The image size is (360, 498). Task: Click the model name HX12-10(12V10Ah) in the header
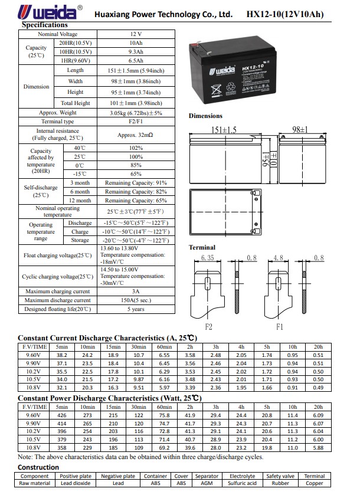pos(285,14)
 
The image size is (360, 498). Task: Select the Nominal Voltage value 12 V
pos(136,34)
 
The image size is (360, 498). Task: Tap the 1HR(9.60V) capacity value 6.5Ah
pos(136,61)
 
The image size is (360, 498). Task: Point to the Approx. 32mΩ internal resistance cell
pos(135,135)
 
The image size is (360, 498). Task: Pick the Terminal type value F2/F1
pos(136,122)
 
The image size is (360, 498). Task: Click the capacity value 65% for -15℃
pos(136,174)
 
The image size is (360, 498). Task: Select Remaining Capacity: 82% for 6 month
pos(136,192)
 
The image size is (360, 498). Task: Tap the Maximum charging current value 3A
pos(136,291)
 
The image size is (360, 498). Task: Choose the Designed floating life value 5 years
pos(136,309)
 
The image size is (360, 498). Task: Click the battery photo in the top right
pos(233,70)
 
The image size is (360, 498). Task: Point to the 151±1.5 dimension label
pos(224,130)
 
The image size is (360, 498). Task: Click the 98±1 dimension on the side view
pos(300,130)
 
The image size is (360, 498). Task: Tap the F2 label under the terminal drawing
pos(208,326)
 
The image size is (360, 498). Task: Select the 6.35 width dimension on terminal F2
pos(208,258)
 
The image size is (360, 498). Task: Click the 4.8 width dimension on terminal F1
pos(279,258)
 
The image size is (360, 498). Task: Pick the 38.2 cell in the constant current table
pos(62,355)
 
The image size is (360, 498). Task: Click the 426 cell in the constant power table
pos(62,415)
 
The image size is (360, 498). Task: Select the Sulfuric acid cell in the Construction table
pos(242,483)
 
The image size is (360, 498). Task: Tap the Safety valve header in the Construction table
pos(280,476)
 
